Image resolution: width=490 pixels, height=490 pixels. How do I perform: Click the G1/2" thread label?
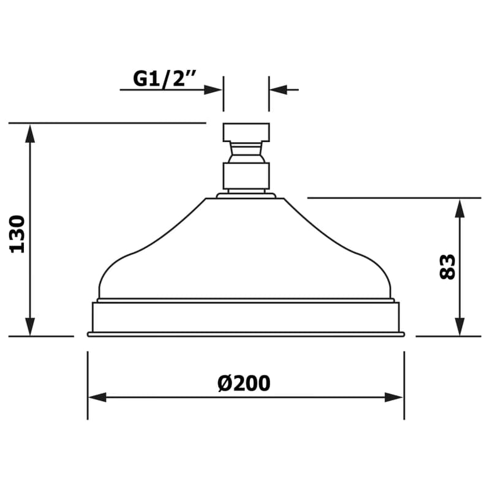pyautogui.click(x=164, y=79)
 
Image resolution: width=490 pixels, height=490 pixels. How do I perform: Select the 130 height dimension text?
pyautogui.click(x=17, y=234)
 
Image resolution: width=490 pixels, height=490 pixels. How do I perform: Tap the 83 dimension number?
pyautogui.click(x=447, y=266)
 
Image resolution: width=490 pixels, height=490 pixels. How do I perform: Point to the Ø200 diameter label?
pyautogui.click(x=244, y=383)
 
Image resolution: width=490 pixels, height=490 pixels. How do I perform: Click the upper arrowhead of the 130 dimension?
pyautogui.click(x=30, y=133)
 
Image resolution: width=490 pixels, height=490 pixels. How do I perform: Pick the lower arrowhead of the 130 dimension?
pyautogui.click(x=30, y=326)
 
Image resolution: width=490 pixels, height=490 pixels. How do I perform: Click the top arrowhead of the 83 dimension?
pyautogui.click(x=459, y=208)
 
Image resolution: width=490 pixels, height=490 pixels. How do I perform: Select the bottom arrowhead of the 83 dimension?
pyautogui.click(x=459, y=326)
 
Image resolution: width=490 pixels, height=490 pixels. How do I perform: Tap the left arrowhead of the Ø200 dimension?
pyautogui.click(x=97, y=398)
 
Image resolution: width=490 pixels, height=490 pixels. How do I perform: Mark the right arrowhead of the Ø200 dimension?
pyautogui.click(x=394, y=398)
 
